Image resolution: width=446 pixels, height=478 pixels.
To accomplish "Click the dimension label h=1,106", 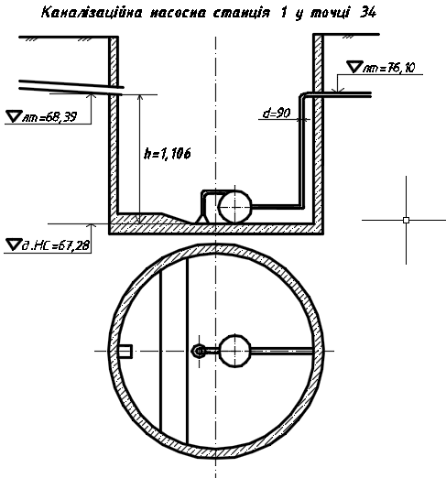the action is [x=168, y=154].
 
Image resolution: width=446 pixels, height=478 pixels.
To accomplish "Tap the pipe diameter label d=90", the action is [x=277, y=114].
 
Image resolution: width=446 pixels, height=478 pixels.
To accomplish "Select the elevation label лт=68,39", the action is [x=49, y=117].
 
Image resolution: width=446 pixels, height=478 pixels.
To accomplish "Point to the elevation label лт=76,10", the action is [x=389, y=68].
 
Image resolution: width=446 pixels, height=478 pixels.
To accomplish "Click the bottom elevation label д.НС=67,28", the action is [x=56, y=245].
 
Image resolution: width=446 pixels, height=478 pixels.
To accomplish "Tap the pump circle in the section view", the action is [x=235, y=207].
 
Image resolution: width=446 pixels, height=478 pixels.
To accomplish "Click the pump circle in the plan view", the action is [x=235, y=351].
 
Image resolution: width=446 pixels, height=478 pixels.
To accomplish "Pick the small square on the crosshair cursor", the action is [x=406, y=220].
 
